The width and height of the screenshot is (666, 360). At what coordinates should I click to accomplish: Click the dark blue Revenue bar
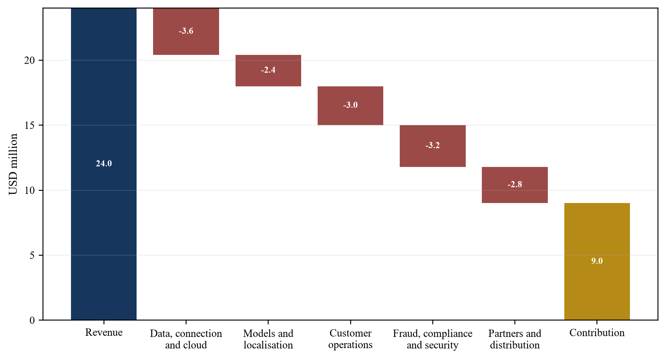click(104, 164)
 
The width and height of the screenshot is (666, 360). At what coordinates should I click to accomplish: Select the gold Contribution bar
click(597, 261)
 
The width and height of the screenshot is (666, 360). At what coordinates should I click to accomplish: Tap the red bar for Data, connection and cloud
click(186, 31)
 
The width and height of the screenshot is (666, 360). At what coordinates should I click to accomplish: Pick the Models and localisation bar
click(268, 71)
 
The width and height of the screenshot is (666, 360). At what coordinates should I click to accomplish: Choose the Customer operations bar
click(350, 106)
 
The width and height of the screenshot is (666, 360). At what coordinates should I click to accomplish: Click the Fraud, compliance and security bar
click(433, 146)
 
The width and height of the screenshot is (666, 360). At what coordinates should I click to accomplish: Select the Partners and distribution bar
click(515, 185)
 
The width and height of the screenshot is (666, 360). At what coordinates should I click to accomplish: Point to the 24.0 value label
click(104, 163)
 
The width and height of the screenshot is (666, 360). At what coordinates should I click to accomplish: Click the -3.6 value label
click(186, 31)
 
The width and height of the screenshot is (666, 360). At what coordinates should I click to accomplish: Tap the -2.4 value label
click(268, 70)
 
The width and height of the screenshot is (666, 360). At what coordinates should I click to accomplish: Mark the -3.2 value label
click(433, 145)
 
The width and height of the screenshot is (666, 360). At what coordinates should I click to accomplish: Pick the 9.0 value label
click(597, 261)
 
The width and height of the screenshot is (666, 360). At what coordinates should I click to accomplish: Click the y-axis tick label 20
click(30, 60)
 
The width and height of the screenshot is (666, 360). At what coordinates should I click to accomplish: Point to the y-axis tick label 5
click(32, 255)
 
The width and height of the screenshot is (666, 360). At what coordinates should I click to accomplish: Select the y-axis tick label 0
click(32, 320)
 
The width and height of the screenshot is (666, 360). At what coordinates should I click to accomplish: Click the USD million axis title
click(13, 164)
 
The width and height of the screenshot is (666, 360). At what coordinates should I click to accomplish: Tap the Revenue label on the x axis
click(104, 332)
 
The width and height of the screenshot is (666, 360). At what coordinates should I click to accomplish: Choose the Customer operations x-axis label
click(350, 339)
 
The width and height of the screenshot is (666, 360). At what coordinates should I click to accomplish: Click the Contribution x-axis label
click(597, 332)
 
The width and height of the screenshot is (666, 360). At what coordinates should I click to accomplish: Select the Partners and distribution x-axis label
click(515, 339)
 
